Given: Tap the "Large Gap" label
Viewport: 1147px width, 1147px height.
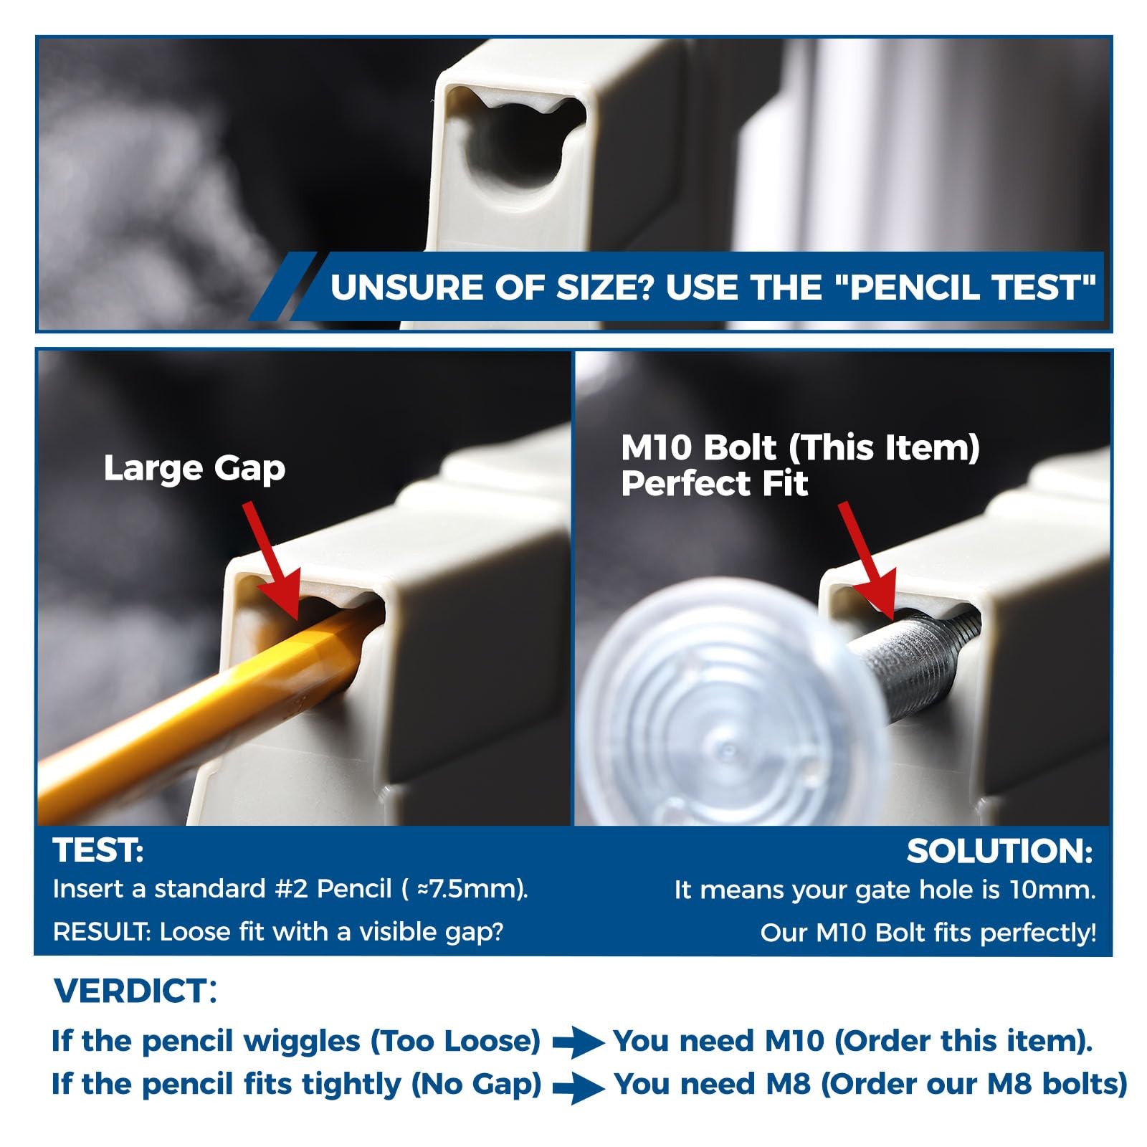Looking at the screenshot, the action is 194,469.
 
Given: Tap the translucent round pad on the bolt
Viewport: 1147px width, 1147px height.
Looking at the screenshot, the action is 724,710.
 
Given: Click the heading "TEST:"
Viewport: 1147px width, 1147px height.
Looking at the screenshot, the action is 98,851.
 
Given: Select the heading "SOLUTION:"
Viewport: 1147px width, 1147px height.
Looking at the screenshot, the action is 1000,852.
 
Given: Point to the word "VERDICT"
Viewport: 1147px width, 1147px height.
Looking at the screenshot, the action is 130,991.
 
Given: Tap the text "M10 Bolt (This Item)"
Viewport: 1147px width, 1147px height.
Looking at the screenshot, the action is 800,449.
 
